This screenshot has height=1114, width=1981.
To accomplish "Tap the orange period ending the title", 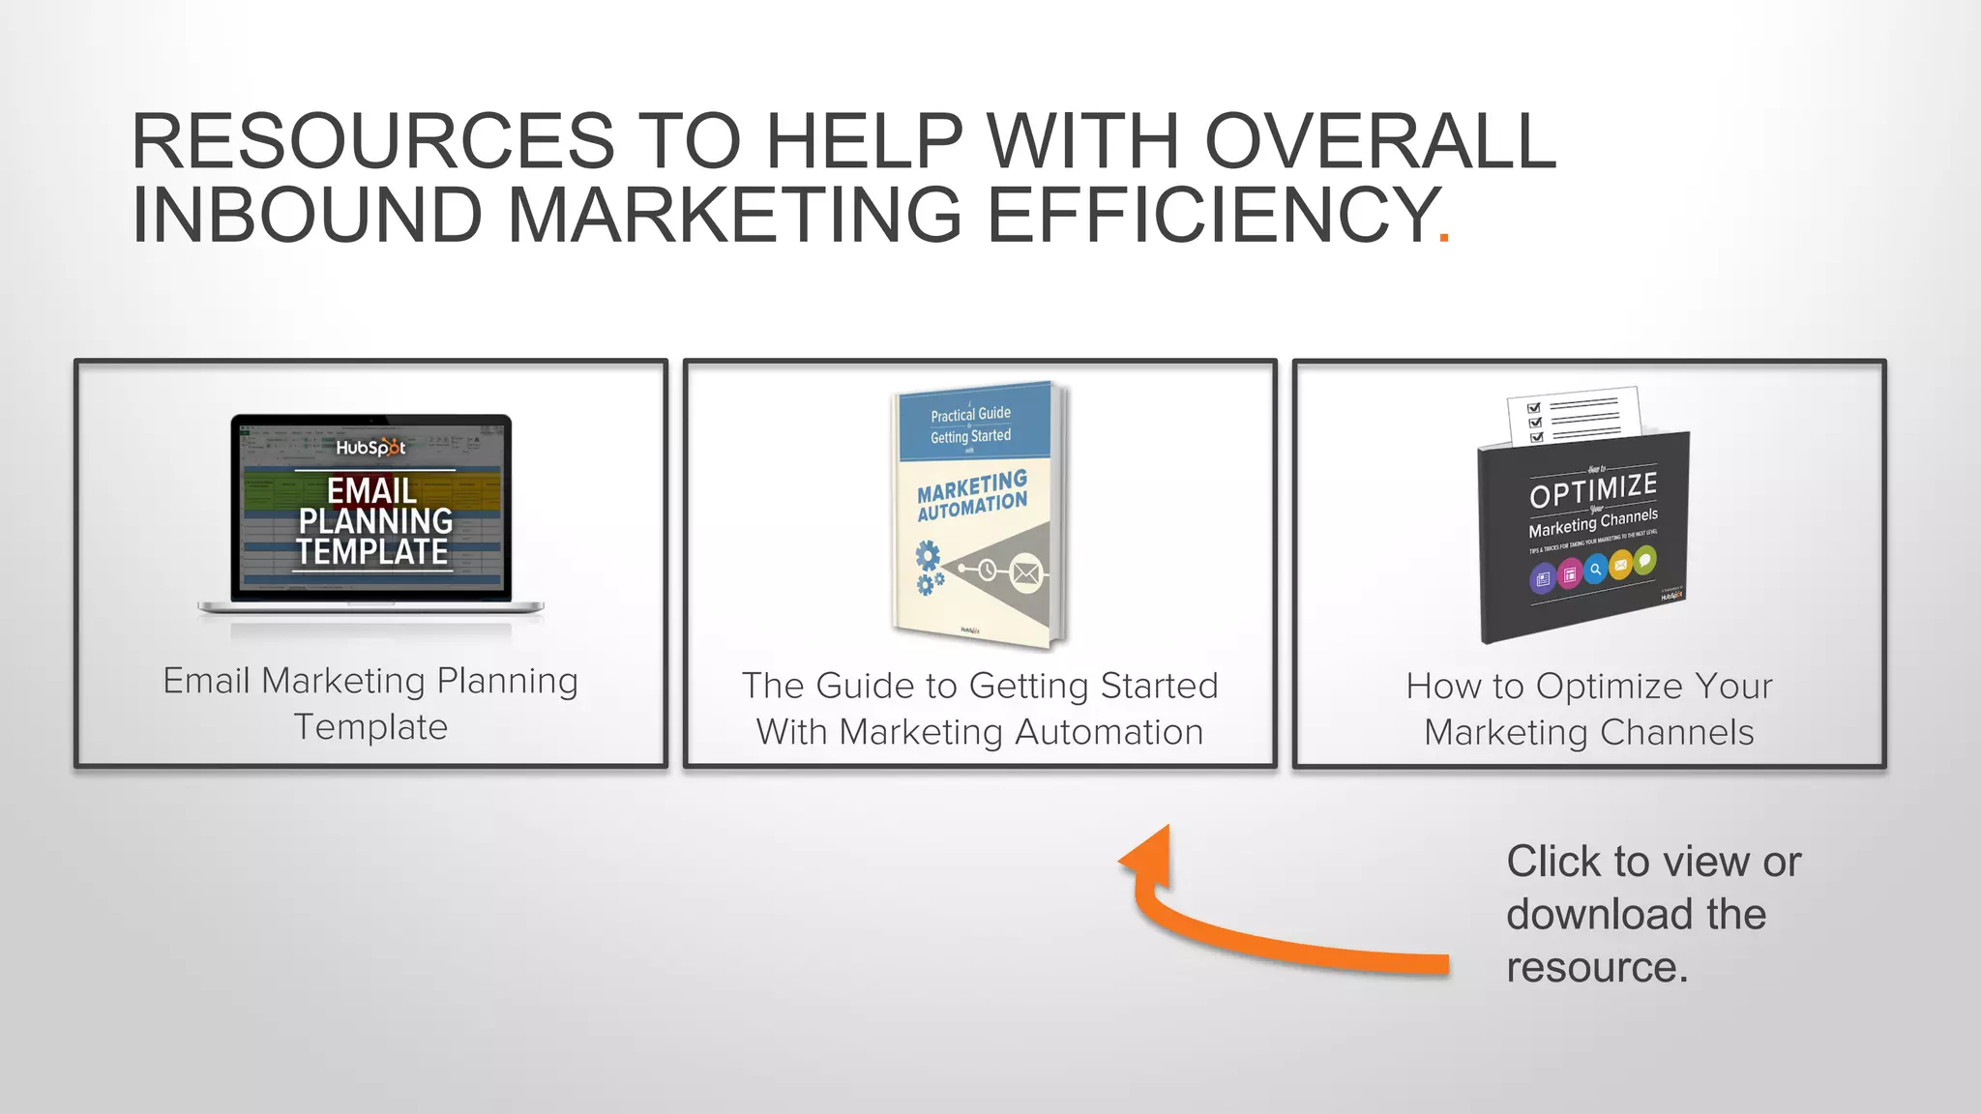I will coord(1444,236).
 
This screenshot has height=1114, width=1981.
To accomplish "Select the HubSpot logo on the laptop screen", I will coord(370,448).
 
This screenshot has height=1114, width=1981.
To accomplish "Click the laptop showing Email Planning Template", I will coord(371,517).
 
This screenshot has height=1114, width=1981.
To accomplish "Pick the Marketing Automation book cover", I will coord(978,513).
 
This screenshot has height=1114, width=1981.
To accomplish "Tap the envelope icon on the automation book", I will coord(1026,573).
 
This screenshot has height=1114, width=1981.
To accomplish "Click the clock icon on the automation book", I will coord(987,570).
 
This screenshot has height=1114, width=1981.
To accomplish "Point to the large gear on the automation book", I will coord(928,556).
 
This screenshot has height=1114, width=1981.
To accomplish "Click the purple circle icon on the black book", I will coord(1543,579).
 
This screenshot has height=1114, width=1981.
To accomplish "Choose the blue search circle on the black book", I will coord(1595,569).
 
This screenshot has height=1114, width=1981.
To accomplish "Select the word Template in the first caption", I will coord(370,727).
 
